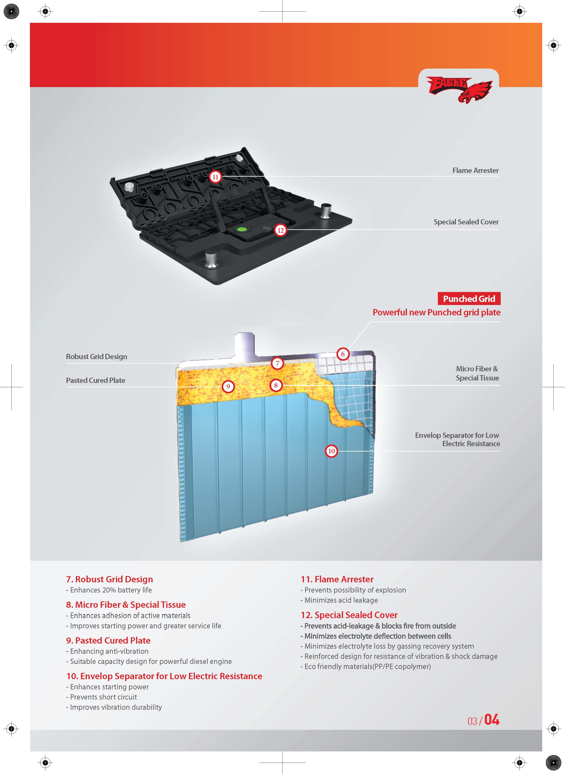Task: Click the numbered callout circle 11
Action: pos(215,177)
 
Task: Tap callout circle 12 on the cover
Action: pos(280,230)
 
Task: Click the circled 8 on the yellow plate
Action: pos(276,385)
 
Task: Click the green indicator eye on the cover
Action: pos(242,229)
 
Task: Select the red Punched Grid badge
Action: pos(469,298)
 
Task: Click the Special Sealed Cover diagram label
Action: pos(466,222)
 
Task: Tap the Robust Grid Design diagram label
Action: pos(96,356)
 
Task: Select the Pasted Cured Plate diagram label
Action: pos(95,380)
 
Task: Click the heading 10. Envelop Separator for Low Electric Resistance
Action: pos(164,676)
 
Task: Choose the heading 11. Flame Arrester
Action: pos(337,579)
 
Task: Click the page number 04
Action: pos(492,720)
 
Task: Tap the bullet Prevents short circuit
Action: pos(103,697)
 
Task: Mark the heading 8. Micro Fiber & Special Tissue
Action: pos(126,605)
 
